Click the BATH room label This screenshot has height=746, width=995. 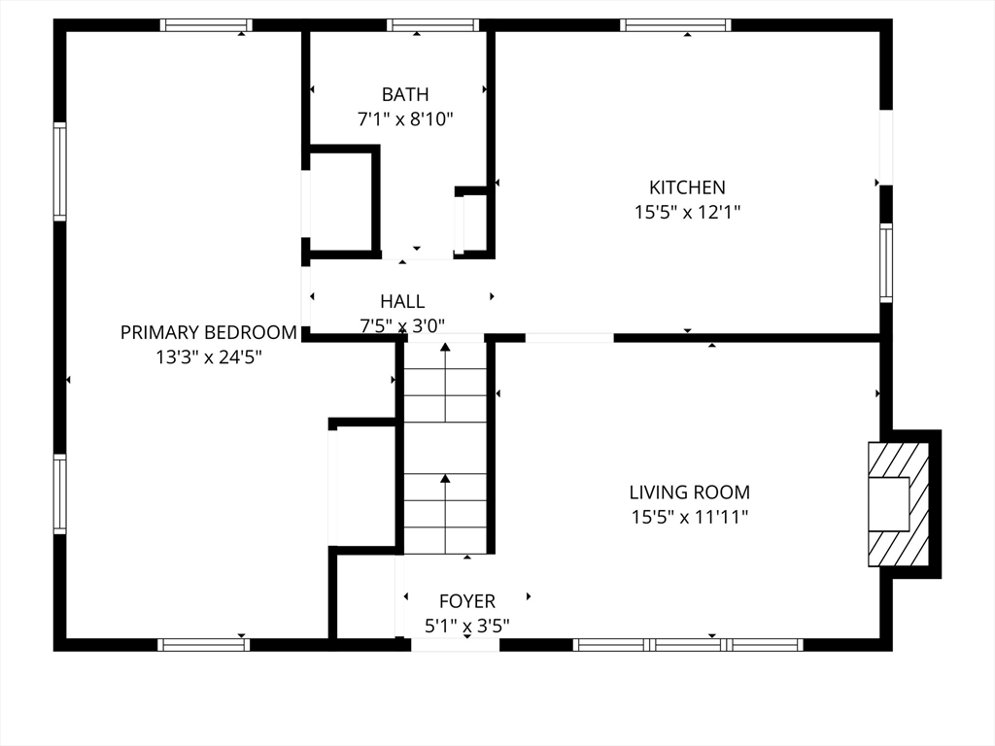click(405, 94)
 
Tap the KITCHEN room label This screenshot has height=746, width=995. click(687, 187)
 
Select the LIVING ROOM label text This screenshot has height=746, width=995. click(690, 492)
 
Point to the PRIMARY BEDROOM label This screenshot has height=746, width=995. click(209, 332)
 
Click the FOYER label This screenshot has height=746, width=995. click(467, 600)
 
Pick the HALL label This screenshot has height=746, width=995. click(402, 301)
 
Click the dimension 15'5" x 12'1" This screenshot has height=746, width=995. click(688, 212)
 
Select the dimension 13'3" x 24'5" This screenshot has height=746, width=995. click(210, 357)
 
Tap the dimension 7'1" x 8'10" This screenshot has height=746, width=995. click(405, 119)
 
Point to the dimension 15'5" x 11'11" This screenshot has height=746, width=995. click(690, 517)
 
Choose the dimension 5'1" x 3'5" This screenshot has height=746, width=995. click(467, 627)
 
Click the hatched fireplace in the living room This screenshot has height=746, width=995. click(899, 504)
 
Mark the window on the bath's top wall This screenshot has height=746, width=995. click(433, 25)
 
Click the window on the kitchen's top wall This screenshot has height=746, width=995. click(676, 25)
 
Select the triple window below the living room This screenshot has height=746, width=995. click(689, 645)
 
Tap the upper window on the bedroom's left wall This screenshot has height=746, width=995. click(59, 171)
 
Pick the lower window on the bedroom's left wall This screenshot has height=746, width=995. click(59, 493)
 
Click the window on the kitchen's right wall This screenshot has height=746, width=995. click(886, 262)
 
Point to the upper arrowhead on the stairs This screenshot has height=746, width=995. click(445, 347)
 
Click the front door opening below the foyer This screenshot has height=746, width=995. click(455, 645)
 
